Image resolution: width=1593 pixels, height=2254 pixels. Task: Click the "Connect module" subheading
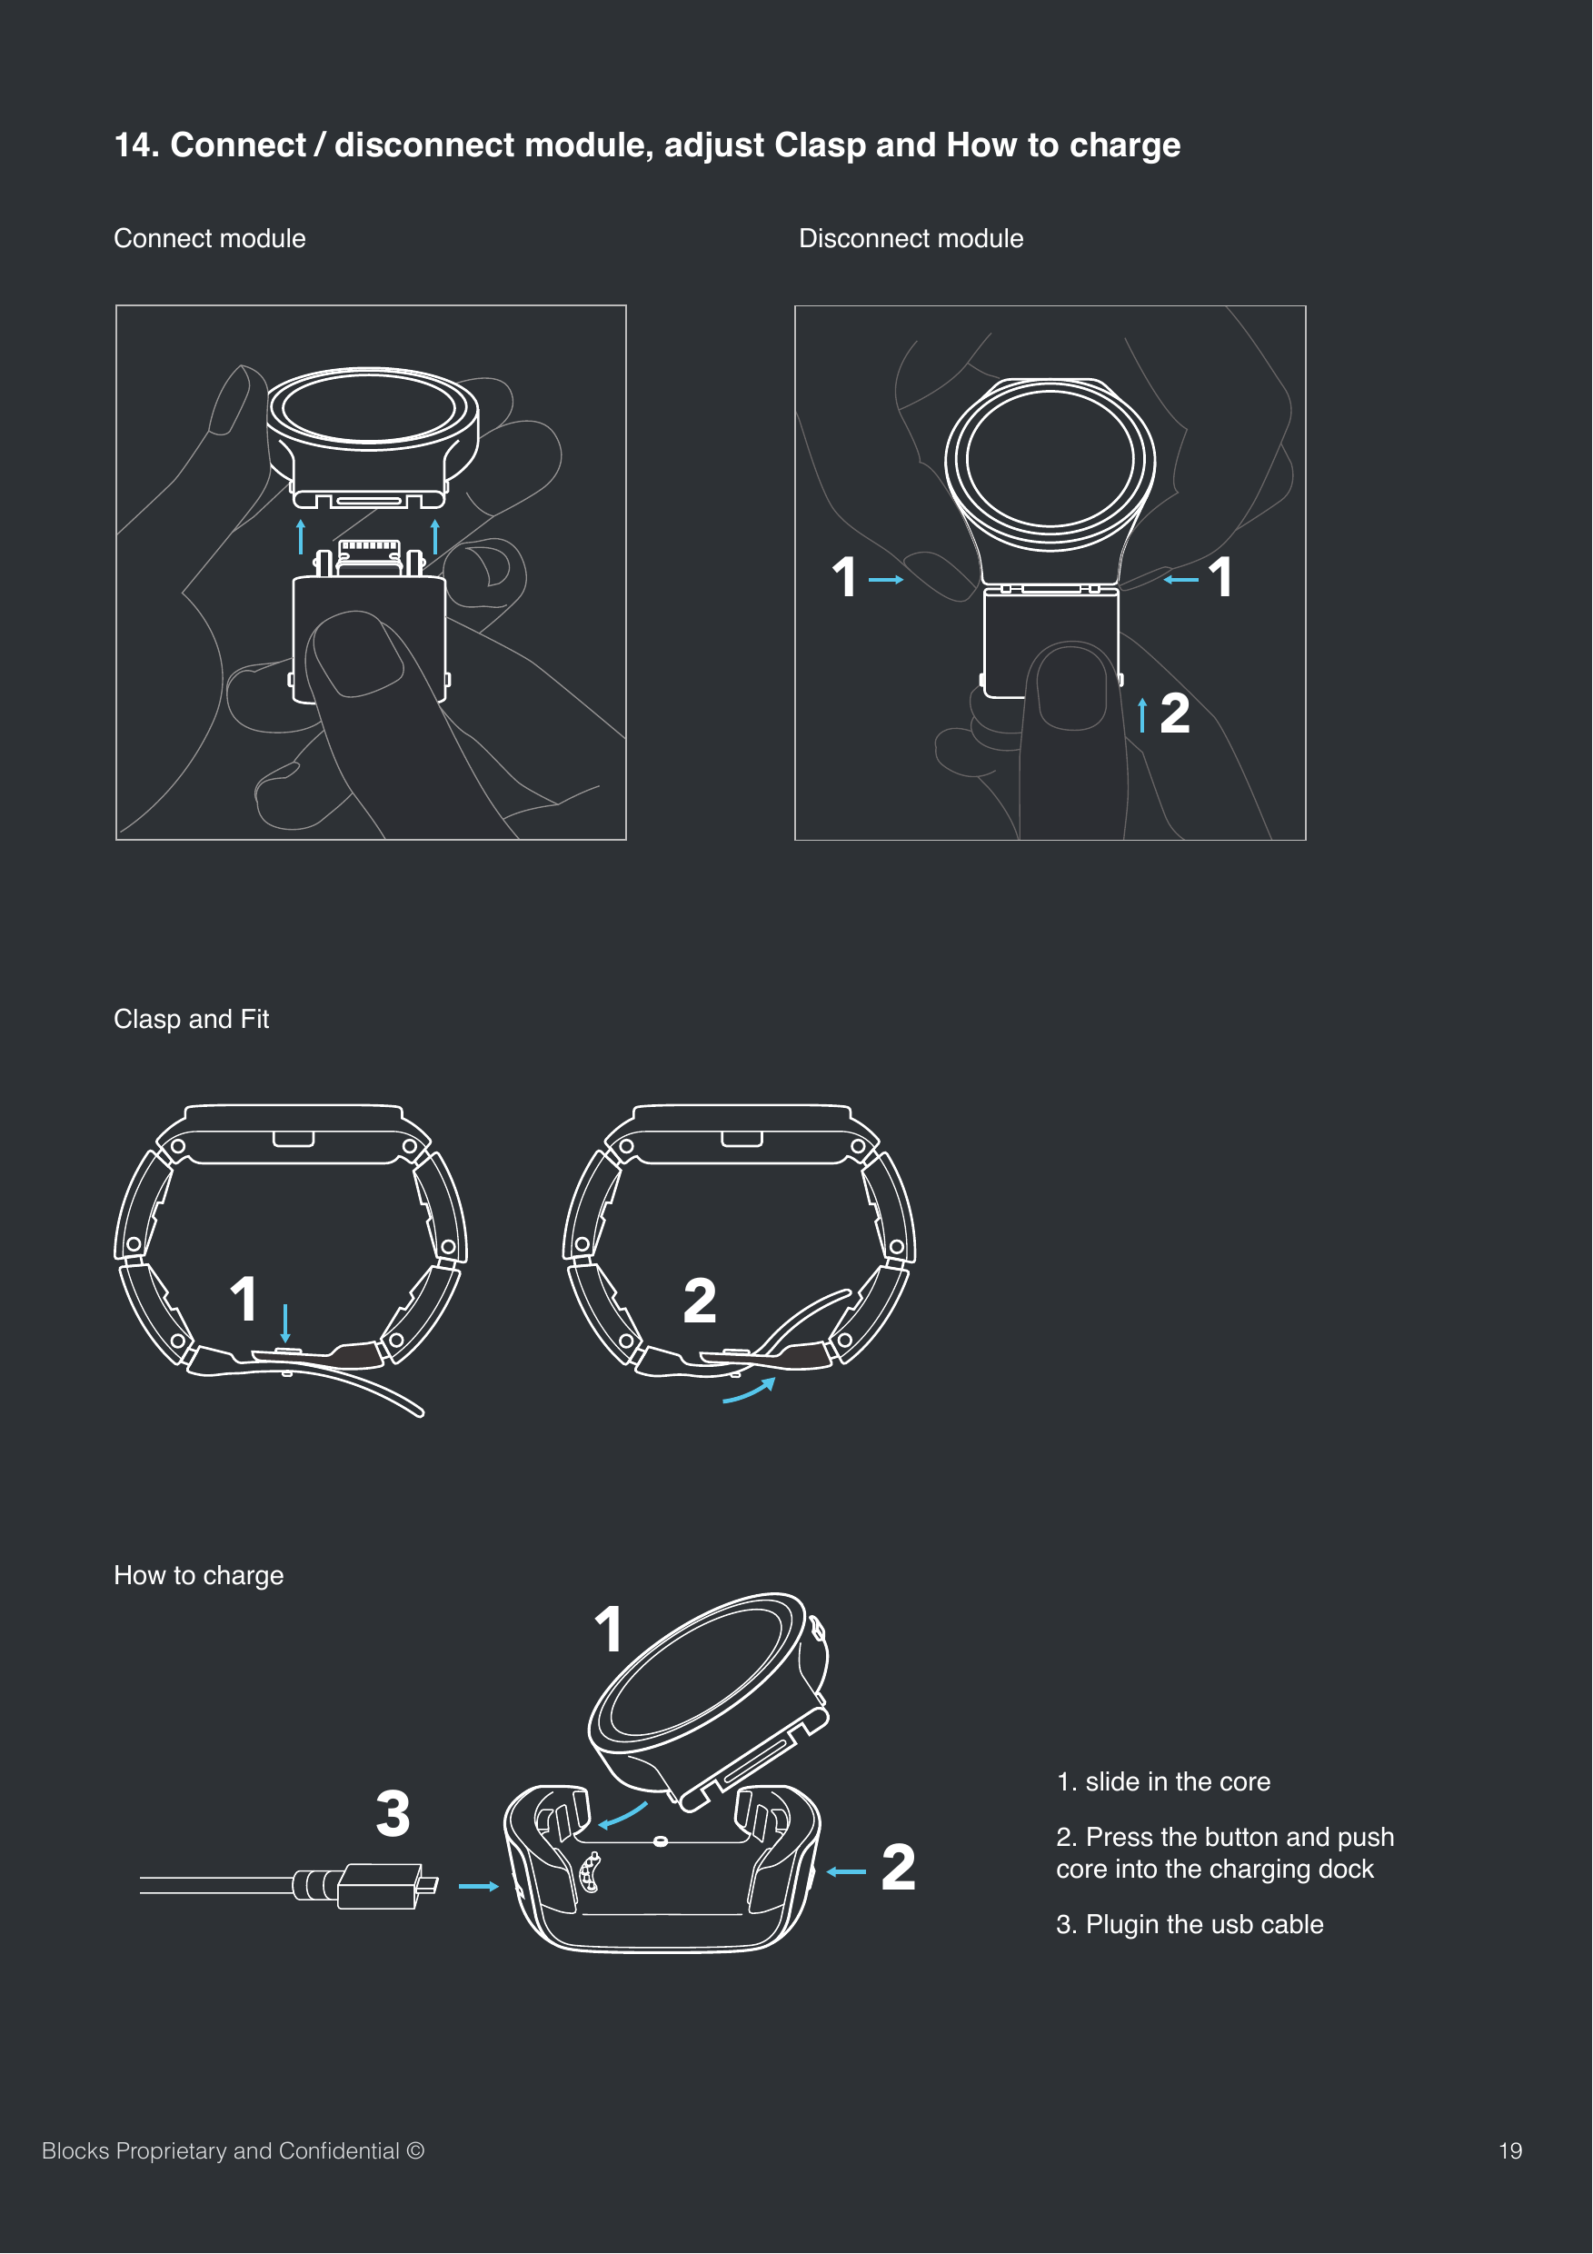point(209,238)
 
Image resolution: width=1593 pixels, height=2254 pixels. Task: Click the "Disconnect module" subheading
point(910,238)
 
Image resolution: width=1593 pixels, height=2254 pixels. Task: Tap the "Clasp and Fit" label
point(191,1019)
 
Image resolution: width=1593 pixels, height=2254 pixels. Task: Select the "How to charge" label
point(198,1575)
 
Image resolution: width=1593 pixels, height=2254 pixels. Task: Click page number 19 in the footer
point(1509,2151)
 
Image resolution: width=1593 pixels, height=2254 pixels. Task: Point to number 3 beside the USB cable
point(393,1814)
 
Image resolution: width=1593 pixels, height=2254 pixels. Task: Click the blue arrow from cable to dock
point(478,1886)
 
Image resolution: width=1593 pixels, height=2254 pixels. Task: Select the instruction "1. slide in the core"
point(1162,1781)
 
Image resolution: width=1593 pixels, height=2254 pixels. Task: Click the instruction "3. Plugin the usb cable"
point(1189,1924)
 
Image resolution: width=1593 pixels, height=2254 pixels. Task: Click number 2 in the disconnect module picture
point(1174,713)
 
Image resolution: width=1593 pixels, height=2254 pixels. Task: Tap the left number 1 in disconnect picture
point(844,577)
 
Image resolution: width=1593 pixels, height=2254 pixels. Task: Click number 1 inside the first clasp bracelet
point(244,1300)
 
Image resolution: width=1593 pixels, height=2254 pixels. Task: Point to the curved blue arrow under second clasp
point(750,1391)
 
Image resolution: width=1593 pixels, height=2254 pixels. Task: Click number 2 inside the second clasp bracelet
point(699,1301)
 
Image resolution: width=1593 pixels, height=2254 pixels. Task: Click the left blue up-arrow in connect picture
point(302,536)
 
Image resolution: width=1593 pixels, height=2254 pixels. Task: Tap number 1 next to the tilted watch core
point(609,1630)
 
